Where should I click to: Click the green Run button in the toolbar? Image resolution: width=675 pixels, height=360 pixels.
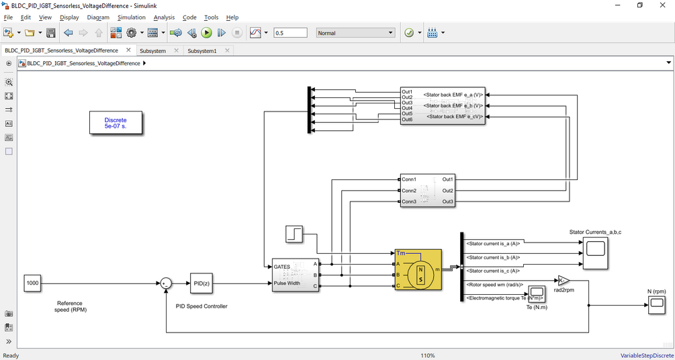click(x=207, y=33)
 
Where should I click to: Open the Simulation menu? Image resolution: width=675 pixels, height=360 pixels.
click(x=131, y=17)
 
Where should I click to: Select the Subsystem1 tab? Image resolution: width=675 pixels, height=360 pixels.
click(x=202, y=50)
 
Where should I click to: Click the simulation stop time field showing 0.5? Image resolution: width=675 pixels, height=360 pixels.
click(x=290, y=33)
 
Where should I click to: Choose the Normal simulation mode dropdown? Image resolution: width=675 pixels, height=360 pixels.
click(x=355, y=33)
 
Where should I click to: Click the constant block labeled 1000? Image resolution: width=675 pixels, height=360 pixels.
click(x=32, y=283)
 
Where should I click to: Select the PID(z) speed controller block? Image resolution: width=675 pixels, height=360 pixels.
click(x=201, y=283)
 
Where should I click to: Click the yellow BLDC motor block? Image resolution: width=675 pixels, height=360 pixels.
click(x=418, y=269)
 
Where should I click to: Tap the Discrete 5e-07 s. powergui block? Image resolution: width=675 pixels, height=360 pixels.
click(x=116, y=123)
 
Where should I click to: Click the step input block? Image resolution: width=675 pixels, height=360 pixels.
click(x=294, y=234)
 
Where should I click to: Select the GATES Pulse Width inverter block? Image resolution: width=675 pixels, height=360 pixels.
click(x=296, y=275)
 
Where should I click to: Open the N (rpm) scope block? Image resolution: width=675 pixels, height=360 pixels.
click(x=656, y=306)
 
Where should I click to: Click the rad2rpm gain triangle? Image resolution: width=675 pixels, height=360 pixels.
click(x=563, y=280)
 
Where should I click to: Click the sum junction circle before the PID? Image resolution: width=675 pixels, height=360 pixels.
click(x=165, y=283)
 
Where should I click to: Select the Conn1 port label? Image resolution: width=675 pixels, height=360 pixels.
click(x=409, y=180)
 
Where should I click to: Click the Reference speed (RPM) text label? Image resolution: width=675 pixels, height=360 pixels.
click(x=71, y=306)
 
